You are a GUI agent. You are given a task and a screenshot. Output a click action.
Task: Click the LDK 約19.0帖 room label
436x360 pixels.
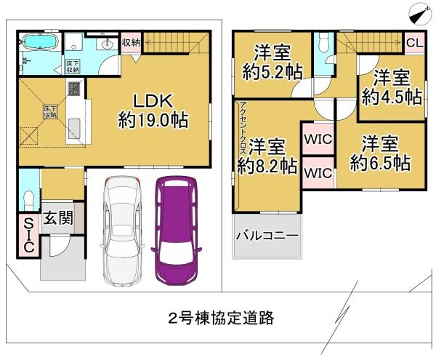coord(154,110)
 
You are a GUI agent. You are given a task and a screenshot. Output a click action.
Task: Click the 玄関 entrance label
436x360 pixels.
coord(57,217)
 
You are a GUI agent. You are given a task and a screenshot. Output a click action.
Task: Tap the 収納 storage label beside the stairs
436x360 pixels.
coord(131,42)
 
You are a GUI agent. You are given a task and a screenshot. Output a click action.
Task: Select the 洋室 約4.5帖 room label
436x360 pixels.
coord(392,87)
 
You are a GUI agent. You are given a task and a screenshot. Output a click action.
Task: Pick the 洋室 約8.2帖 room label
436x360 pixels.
coord(267,155)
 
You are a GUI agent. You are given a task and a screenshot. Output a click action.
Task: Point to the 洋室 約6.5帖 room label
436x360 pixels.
coord(379,152)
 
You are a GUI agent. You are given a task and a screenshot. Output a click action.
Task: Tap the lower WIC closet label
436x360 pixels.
coord(318,173)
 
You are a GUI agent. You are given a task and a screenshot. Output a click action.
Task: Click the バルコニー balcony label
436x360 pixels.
coord(267,237)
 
